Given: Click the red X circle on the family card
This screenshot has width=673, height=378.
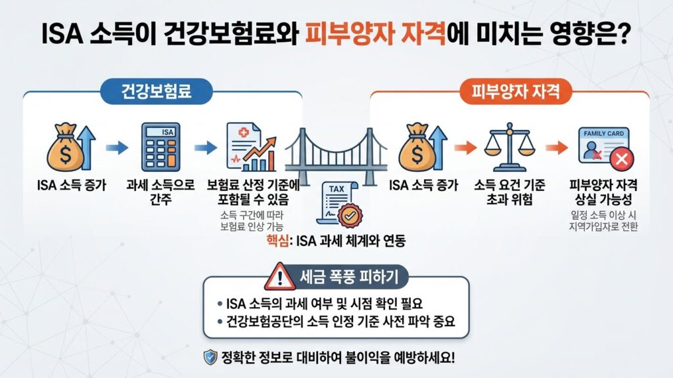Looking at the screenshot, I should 618,160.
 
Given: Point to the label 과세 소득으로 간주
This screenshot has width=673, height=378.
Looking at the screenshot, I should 160,192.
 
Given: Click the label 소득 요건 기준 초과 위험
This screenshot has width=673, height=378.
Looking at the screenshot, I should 506,192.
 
